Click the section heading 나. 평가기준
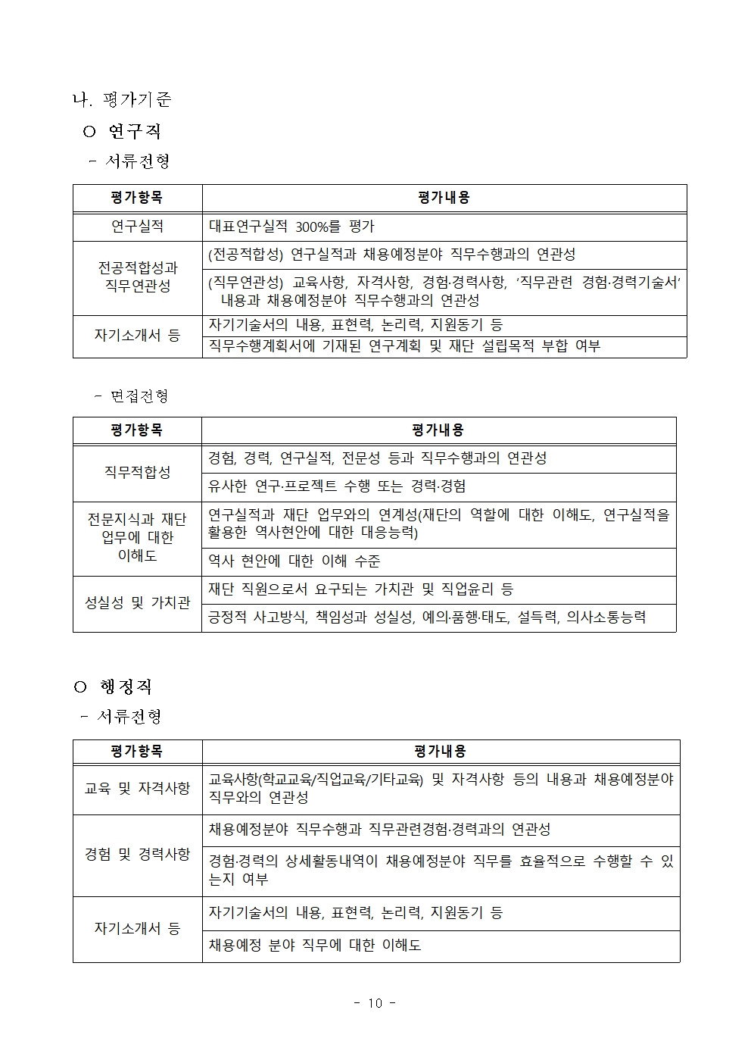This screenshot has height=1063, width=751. tap(121, 99)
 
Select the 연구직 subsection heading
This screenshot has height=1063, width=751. tap(134, 131)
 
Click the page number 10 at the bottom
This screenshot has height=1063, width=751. tap(375, 1003)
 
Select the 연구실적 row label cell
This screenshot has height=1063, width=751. tap(137, 227)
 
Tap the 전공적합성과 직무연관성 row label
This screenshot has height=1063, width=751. tap(137, 277)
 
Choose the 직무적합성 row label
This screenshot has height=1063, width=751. tap(137, 472)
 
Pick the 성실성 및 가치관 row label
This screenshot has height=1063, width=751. tap(137, 603)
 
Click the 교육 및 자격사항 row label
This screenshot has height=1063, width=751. tap(137, 788)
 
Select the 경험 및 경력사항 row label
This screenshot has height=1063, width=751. tap(137, 855)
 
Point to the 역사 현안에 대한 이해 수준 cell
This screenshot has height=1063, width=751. tap(294, 561)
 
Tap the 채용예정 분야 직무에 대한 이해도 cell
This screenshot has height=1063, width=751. tap(315, 946)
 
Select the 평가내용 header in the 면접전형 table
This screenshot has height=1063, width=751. tap(438, 430)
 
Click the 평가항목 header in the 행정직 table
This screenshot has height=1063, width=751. tap(137, 752)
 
